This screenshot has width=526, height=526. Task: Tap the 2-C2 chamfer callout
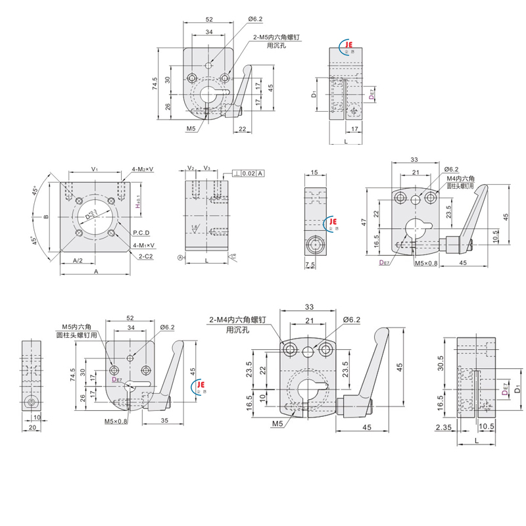146,256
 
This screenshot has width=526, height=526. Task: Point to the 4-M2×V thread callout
142,169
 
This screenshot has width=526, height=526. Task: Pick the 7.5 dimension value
310,265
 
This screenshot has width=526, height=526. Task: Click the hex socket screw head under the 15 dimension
316,247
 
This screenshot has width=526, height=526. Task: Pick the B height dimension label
47,215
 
